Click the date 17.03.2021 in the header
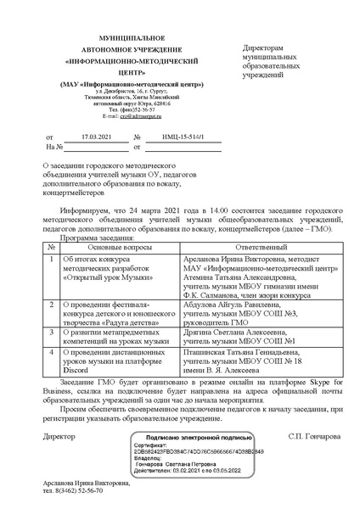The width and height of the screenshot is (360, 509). tap(94, 136)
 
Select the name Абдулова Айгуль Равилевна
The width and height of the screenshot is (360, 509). tap(228, 302)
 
